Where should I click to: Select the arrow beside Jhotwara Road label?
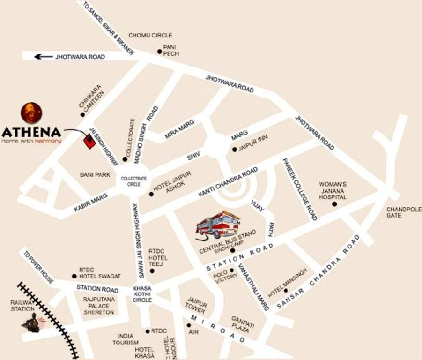coord(44,57)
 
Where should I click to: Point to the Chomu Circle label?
coord(150,35)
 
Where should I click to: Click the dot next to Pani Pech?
coord(159,52)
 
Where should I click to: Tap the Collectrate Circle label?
coord(134,181)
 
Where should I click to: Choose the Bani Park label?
coord(95,175)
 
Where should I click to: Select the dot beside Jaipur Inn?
coord(235,150)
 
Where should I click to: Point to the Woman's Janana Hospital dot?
coord(334,204)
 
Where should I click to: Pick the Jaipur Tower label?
coord(195,305)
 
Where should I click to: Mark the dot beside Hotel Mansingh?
coord(285,290)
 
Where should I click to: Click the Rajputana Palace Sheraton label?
coord(99,305)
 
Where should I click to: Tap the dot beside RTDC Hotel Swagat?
coord(74,276)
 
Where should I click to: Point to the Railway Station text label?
coord(22,306)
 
